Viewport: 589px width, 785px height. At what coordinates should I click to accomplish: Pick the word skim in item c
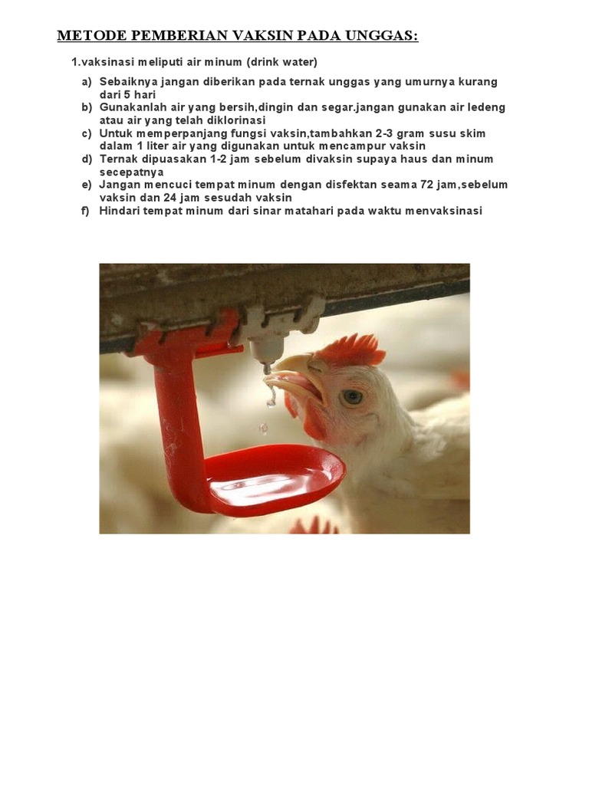(472, 133)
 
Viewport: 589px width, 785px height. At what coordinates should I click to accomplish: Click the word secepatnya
(127, 172)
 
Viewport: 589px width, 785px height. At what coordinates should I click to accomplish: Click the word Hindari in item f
(119, 210)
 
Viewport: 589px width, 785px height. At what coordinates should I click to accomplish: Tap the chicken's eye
(352, 396)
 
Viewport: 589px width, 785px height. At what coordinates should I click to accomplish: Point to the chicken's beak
(295, 376)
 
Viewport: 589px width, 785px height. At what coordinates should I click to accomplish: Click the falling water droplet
(263, 427)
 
